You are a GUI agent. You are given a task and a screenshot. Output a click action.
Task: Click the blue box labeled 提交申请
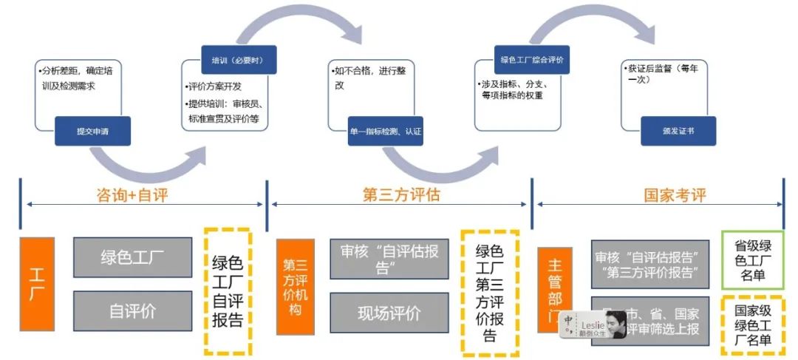[92, 131]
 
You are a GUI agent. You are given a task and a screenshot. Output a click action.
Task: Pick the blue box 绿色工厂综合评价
[532, 59]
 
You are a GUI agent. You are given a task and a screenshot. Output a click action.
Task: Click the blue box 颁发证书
[678, 131]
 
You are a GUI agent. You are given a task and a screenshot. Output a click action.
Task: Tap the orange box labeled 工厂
[37, 284]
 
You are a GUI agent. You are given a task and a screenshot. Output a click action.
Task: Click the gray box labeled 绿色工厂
[132, 257]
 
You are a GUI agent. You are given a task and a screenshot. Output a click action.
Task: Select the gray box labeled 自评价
[132, 311]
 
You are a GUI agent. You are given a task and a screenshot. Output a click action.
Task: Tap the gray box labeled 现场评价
[389, 313]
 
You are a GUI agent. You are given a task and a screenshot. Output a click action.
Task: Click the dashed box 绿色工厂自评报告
[228, 291]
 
